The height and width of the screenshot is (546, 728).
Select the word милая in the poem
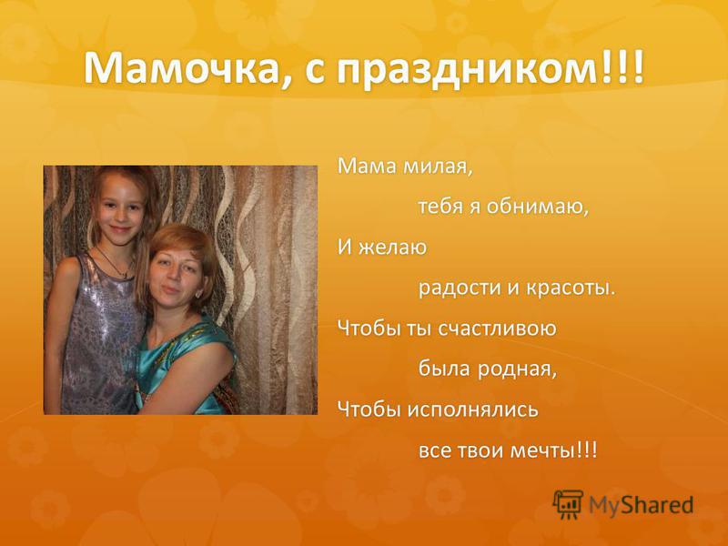point(438,167)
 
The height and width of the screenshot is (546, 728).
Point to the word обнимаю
point(538,207)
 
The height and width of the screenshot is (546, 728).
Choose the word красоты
point(571,288)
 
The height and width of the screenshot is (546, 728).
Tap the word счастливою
point(497,329)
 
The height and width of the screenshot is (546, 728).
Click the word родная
point(517,370)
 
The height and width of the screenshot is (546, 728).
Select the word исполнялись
point(473,410)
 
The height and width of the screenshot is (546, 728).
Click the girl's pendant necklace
point(124,275)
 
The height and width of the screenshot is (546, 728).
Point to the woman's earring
point(198,294)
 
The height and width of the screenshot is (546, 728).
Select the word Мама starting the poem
point(367,167)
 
